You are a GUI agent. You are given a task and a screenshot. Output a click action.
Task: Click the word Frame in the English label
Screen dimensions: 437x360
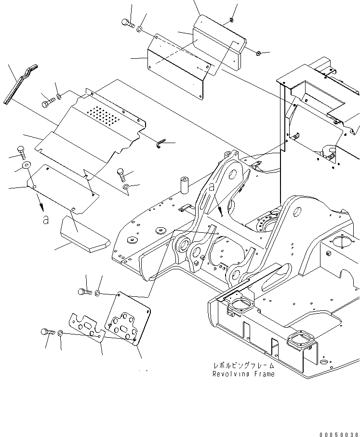[x=263, y=374]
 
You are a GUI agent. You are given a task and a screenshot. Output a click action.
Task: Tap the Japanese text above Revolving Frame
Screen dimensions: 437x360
[x=239, y=366]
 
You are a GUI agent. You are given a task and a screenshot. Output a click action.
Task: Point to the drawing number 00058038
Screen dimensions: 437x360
[x=338, y=434]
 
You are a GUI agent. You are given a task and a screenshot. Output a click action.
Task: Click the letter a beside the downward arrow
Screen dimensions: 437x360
[x=45, y=219]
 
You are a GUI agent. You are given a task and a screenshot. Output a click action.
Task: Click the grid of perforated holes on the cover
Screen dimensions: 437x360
[x=104, y=115]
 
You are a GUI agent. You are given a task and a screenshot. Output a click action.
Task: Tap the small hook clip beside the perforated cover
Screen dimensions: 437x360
[x=161, y=142]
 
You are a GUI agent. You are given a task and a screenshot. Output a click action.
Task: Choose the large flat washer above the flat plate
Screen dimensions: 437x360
[x=26, y=165]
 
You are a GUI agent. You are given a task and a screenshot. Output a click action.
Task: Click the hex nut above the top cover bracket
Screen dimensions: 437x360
[x=231, y=20]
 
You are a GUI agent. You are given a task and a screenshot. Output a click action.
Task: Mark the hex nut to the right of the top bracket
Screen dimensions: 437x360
[x=258, y=53]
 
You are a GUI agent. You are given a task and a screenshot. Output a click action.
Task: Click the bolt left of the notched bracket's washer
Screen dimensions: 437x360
[x=46, y=331]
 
